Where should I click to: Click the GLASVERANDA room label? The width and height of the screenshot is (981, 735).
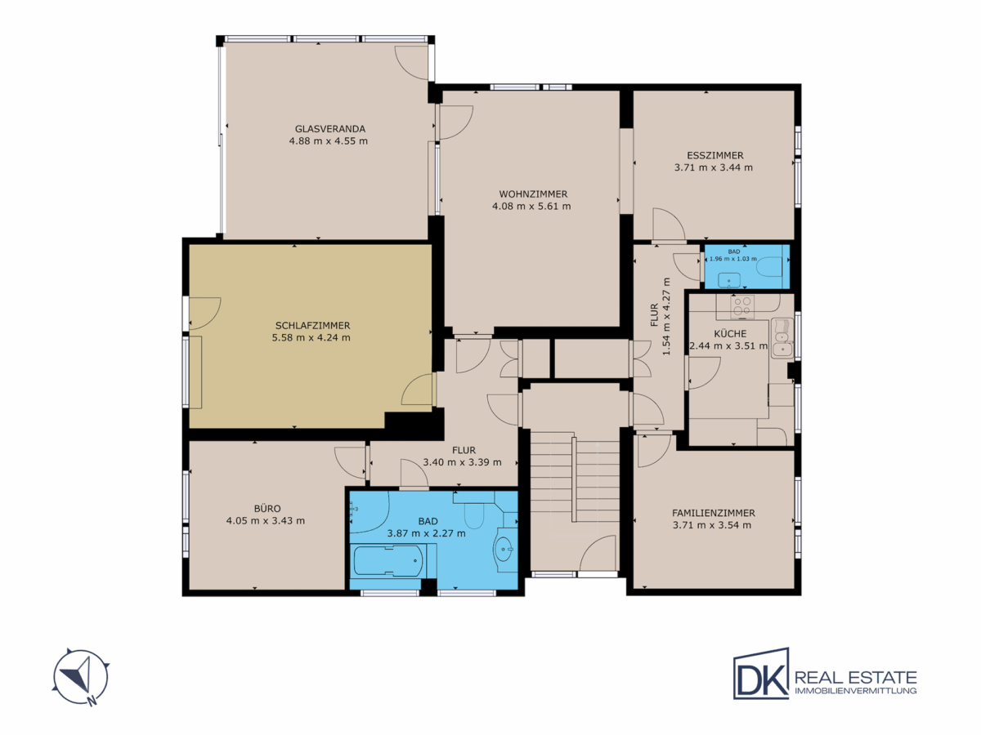pos(329,129)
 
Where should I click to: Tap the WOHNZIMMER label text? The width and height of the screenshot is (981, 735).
pos(533,194)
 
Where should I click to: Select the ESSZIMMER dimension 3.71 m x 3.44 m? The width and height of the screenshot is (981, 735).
pos(714,167)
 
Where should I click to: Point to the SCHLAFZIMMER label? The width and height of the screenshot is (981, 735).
pos(312,326)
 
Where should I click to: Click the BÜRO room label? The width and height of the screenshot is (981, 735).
pos(267,508)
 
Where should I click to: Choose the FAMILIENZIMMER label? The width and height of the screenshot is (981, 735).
pos(714,513)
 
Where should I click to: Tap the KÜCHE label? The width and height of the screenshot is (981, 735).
pos(730,334)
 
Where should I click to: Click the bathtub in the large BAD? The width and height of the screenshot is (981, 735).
pos(388,561)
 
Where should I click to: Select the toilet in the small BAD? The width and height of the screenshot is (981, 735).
pos(769,266)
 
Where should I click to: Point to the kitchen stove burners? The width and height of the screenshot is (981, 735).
pos(742,306)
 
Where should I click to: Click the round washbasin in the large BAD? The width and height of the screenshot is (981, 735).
pos(504,550)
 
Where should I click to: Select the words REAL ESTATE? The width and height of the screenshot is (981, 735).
pos(856,678)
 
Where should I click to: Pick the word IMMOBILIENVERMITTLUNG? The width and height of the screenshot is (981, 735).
pos(856,691)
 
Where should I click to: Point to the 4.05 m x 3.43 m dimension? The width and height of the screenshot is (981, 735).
pos(266,521)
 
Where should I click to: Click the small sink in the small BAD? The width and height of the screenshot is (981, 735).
pos(729,281)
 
